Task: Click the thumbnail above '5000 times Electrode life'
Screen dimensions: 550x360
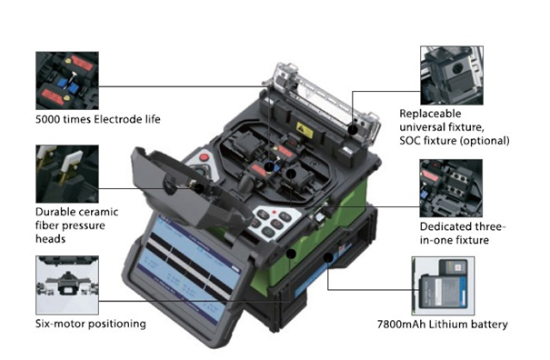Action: pyautogui.click(x=67, y=80)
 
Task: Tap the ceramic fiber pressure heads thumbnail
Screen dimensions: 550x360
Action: pyautogui.click(x=67, y=174)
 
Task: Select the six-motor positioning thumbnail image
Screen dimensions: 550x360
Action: pyautogui.click(x=67, y=285)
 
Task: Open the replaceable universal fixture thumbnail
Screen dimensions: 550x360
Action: pyautogui.click(x=452, y=75)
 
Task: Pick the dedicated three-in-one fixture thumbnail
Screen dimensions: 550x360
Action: pyautogui.click(x=451, y=188)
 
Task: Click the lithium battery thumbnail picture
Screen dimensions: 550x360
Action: pyautogui.click(x=443, y=285)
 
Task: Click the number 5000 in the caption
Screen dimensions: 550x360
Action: pyautogui.click(x=47, y=119)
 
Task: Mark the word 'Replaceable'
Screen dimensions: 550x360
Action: pyautogui.click(x=430, y=114)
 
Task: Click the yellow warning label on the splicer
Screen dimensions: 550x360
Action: pyautogui.click(x=305, y=130)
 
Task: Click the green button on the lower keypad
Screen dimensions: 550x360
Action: pyautogui.click(x=269, y=232)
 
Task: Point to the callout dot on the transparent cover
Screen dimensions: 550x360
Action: pyautogui.click(x=353, y=130)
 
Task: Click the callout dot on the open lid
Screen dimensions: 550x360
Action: pyautogui.click(x=199, y=188)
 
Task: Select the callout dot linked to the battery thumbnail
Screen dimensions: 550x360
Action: pyautogui.click(x=328, y=258)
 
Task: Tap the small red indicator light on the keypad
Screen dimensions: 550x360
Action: pyautogui.click(x=275, y=213)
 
